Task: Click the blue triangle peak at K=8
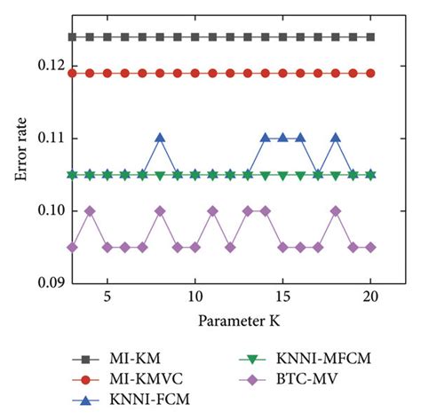(160, 138)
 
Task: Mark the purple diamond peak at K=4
(90, 210)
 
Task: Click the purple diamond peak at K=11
(212, 210)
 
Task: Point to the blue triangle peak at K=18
(336, 138)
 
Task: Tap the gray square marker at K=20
(370, 36)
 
